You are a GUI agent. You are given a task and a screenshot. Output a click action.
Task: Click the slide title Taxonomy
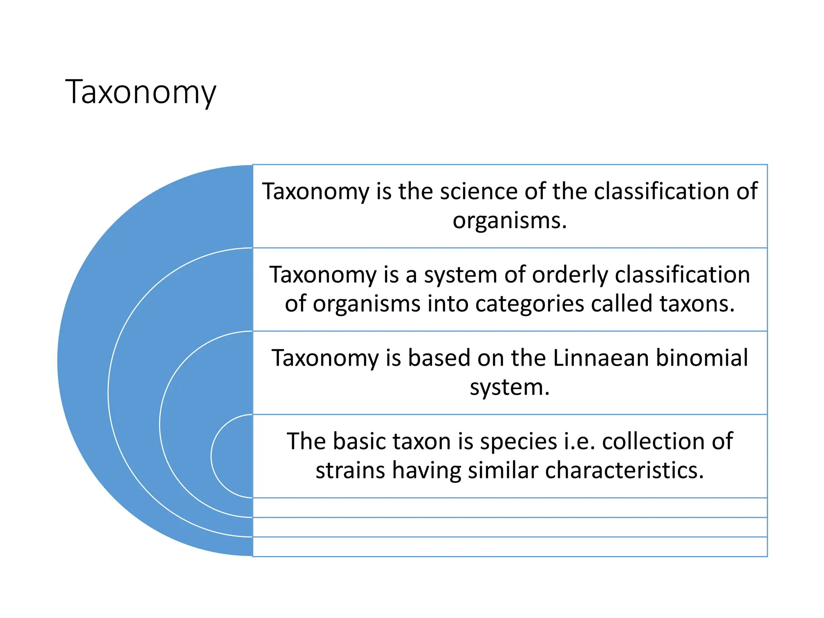(x=140, y=92)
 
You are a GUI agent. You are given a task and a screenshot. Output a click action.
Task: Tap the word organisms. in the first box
(x=509, y=220)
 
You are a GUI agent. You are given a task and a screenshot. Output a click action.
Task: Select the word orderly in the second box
(x=570, y=275)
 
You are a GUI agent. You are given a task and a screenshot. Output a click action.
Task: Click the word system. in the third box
(x=509, y=387)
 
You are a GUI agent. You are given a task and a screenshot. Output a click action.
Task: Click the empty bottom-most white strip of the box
(x=509, y=547)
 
